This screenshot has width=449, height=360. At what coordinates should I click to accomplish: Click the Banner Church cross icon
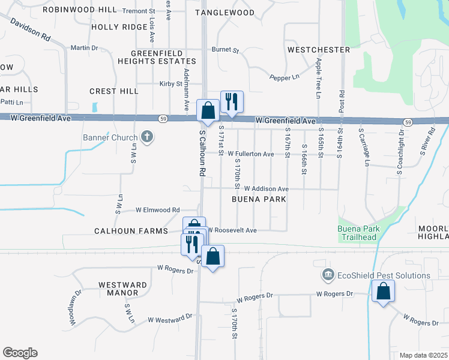point(146,137)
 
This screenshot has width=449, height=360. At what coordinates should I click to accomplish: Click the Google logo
point(20,353)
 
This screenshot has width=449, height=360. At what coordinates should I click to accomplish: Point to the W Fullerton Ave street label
point(250,154)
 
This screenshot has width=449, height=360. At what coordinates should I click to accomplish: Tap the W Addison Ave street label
point(266,189)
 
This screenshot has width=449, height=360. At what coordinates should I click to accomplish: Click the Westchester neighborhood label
point(318,49)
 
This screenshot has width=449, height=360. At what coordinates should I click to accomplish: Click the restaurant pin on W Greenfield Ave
point(231,101)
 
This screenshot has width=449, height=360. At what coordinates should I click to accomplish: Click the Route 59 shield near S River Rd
point(408,122)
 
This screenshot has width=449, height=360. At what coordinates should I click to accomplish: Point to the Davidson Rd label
point(29,28)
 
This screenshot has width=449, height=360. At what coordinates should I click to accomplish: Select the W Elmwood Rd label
point(157,210)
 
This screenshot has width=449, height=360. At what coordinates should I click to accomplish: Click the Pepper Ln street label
point(284,77)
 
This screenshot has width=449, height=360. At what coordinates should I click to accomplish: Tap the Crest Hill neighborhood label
point(113,91)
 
